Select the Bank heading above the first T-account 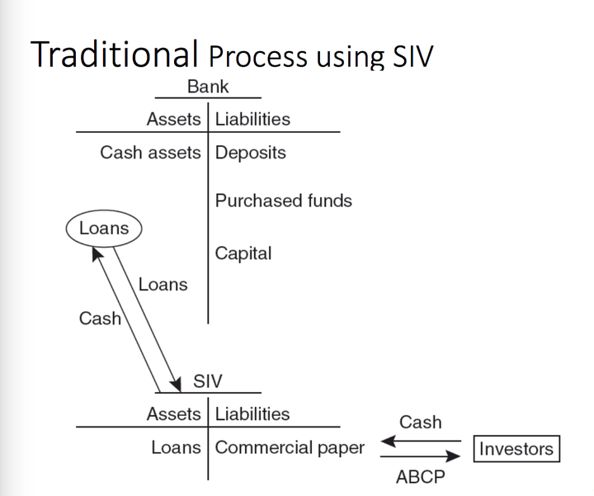tap(207, 87)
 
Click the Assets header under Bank tap(173, 119)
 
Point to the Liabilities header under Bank tap(252, 119)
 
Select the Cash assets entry tap(151, 154)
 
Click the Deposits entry tap(251, 154)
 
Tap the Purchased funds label tap(283, 201)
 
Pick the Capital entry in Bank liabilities tap(243, 253)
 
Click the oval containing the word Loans tap(103, 229)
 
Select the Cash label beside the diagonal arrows tap(99, 318)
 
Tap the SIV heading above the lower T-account tap(207, 381)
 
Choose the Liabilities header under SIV tap(252, 414)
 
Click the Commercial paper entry tap(289, 447)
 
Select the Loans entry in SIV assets tap(176, 447)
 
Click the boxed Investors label tap(516, 449)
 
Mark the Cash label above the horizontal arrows tap(420, 422)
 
